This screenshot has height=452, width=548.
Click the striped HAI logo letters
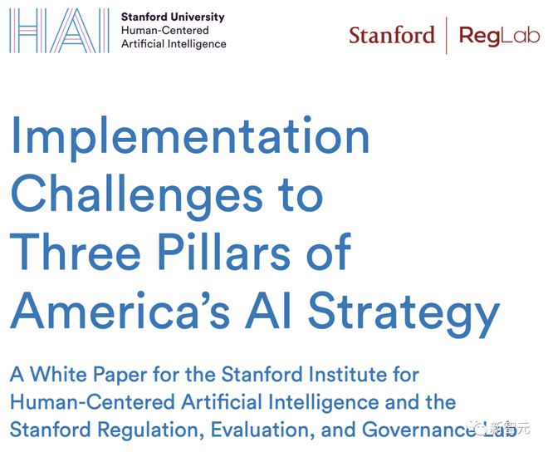coord(59,31)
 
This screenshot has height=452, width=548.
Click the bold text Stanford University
coord(173,17)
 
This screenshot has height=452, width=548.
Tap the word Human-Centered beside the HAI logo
coord(165,31)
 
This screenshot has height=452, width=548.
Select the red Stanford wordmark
coord(392,35)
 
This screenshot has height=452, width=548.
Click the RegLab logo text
coord(499,36)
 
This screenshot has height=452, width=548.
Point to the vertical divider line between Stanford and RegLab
coord(447,36)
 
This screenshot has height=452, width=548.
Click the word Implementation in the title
coord(190,138)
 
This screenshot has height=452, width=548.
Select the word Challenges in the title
coord(137,195)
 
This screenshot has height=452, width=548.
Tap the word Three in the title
coord(76,252)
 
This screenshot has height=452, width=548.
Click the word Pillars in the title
coord(224,252)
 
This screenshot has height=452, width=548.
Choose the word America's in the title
coord(120,311)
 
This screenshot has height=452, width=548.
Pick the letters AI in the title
coord(267,311)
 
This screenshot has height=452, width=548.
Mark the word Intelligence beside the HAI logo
coord(197,44)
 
